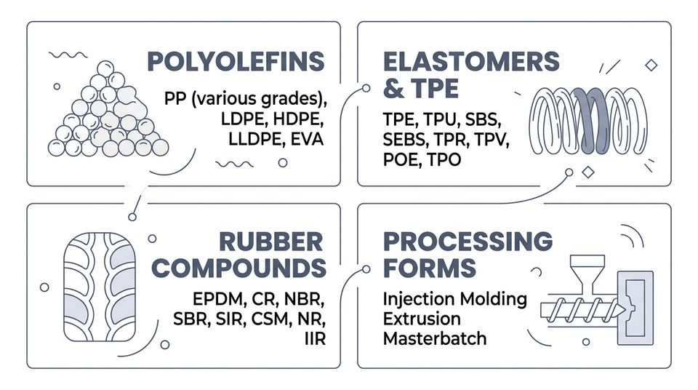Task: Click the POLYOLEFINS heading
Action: (x=236, y=61)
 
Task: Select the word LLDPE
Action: (x=240, y=138)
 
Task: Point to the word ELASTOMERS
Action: (x=470, y=61)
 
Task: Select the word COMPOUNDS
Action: (x=239, y=268)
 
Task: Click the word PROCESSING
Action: (x=468, y=242)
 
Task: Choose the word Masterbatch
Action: (x=435, y=338)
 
